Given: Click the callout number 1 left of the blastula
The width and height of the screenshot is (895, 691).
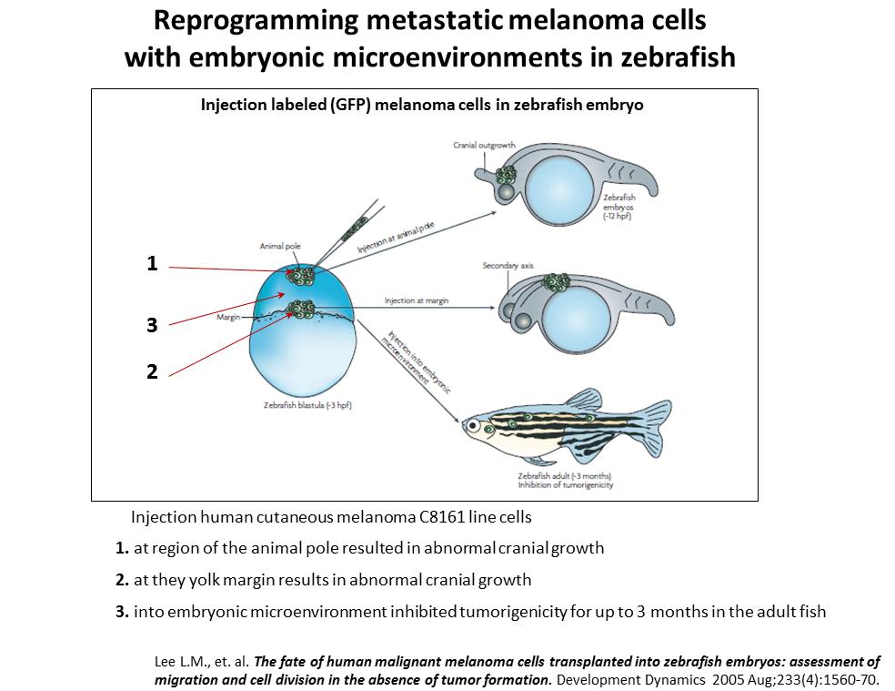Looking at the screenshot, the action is pyautogui.click(x=152, y=263).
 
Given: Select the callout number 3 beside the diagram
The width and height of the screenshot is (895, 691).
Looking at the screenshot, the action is pyautogui.click(x=152, y=325).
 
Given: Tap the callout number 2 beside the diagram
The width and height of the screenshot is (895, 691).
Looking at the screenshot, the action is pyautogui.click(x=152, y=371).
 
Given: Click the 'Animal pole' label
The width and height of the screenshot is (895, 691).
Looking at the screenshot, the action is pyautogui.click(x=280, y=247).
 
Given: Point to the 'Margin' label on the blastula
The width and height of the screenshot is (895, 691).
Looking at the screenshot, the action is pyautogui.click(x=228, y=317).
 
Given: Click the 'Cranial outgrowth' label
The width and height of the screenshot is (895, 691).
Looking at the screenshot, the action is pyautogui.click(x=485, y=145).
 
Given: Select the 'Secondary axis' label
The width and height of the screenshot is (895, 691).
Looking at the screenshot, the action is pyautogui.click(x=508, y=265).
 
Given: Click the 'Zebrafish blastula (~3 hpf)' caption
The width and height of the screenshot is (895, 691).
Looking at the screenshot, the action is pyautogui.click(x=307, y=405).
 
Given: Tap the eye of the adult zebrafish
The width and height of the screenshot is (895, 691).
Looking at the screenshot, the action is pyautogui.click(x=473, y=425).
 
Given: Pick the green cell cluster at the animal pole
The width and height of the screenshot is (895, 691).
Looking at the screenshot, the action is pyautogui.click(x=301, y=275).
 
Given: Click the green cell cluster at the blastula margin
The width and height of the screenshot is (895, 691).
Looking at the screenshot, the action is pyautogui.click(x=301, y=310).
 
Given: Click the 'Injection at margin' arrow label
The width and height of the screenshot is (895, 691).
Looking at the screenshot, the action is pyautogui.click(x=417, y=300).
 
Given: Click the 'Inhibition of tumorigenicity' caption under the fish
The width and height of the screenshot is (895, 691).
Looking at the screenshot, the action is pyautogui.click(x=566, y=485).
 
